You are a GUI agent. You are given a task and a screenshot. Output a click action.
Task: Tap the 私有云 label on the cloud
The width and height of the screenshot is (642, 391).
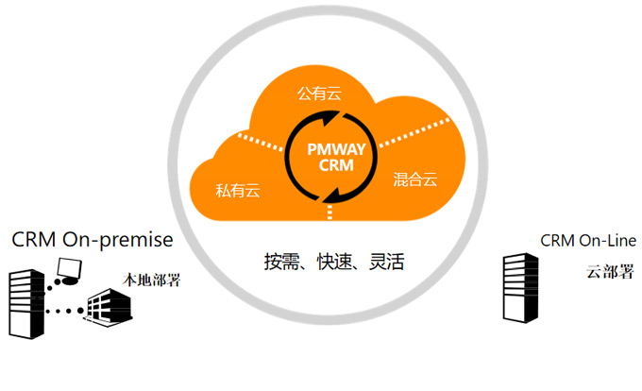click(238, 189)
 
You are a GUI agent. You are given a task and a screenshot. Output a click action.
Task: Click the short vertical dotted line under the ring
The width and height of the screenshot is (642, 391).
click(329, 212)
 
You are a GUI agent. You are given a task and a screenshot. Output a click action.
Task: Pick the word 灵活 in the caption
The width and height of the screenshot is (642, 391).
click(386, 262)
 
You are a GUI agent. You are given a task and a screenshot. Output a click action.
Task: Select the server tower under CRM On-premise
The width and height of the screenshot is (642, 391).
click(25, 301)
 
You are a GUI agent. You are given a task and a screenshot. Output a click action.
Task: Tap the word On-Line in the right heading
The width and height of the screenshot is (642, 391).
click(603, 241)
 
